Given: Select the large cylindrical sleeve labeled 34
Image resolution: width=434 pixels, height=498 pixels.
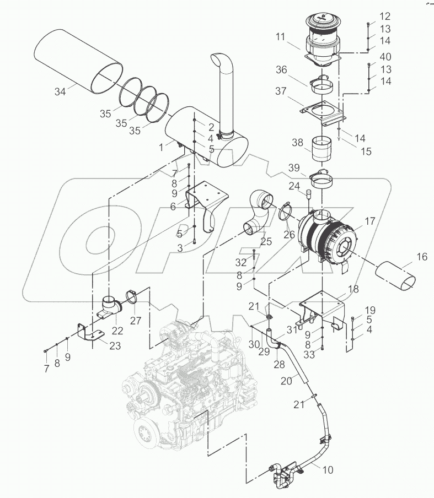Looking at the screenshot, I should pyautogui.click(x=77, y=61).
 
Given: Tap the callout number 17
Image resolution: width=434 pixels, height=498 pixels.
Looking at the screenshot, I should pyautogui.click(x=369, y=221).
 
